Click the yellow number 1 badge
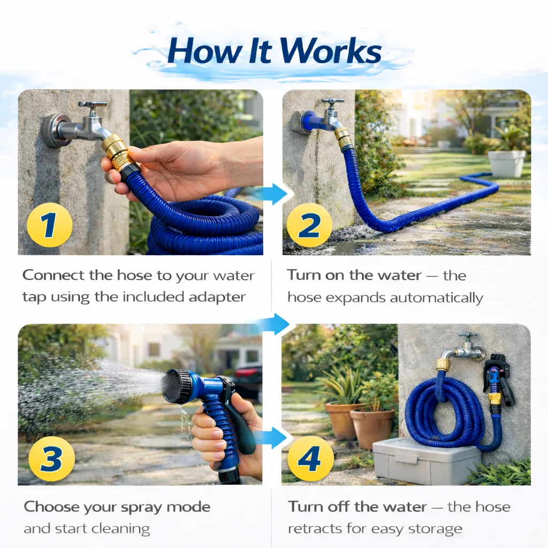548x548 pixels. (x=50, y=225)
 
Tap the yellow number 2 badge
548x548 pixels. (x=310, y=225)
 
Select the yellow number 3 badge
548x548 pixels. (x=51, y=459)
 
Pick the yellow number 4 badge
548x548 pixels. (x=310, y=459)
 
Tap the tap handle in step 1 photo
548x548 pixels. (x=92, y=105)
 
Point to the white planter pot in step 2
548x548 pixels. (x=507, y=163)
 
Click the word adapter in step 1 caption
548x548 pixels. (x=217, y=297)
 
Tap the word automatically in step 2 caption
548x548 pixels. (x=437, y=298)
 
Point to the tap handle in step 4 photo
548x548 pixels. (x=468, y=335)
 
